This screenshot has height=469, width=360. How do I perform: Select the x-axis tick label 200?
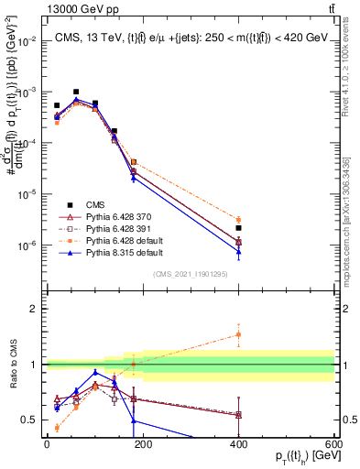[142, 444]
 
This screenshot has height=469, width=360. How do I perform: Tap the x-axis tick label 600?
[333, 444]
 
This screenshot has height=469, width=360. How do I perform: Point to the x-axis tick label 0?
[47, 444]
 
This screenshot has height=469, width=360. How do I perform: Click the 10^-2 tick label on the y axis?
[30, 41]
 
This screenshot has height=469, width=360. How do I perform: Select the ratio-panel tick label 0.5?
[32, 420]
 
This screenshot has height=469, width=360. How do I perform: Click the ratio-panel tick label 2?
[36, 309]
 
